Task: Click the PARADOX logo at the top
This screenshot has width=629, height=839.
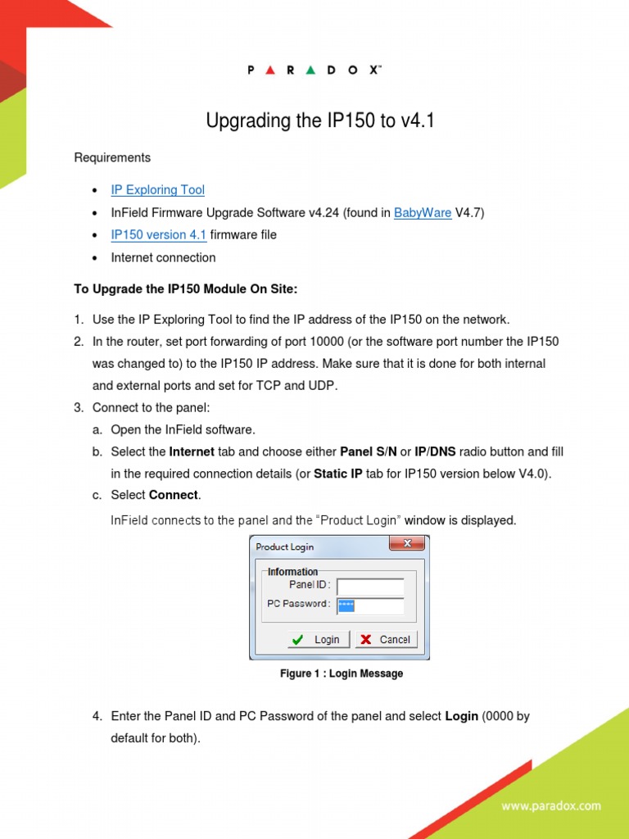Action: pos(314,70)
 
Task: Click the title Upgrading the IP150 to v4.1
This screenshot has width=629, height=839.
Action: pos(319,121)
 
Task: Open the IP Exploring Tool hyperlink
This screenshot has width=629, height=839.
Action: pos(158,190)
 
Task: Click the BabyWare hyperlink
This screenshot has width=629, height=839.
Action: pos(423,213)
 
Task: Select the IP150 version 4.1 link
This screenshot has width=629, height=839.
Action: pos(159,235)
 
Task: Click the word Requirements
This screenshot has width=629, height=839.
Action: pos(112,157)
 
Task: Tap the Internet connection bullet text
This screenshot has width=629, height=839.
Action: pos(163,258)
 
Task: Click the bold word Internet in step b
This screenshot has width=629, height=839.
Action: pos(192,452)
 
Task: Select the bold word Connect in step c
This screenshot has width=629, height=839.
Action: pos(174,496)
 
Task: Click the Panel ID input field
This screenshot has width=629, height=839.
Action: pos(370,586)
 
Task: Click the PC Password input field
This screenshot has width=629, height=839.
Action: pos(370,605)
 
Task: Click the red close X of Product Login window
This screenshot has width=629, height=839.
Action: pos(406,544)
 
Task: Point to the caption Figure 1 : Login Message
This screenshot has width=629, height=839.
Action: pos(342,673)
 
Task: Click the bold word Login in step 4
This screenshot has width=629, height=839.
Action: pos(461,716)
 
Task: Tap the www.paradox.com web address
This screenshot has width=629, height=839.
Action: pos(551,806)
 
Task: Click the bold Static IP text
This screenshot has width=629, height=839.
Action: pos(337,474)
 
